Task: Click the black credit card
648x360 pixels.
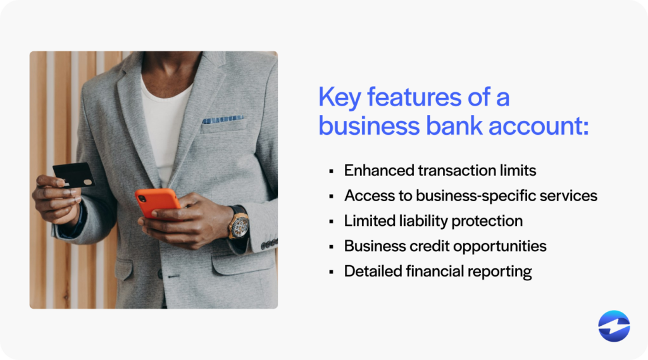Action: (x=73, y=175)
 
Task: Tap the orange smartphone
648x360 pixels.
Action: (x=158, y=202)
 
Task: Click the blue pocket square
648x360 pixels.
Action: (x=223, y=120)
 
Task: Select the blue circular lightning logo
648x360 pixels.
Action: (x=614, y=326)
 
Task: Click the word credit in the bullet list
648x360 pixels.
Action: (x=430, y=246)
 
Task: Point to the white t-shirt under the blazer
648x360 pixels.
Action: (x=166, y=120)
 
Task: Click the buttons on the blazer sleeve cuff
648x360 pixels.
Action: (x=269, y=244)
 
